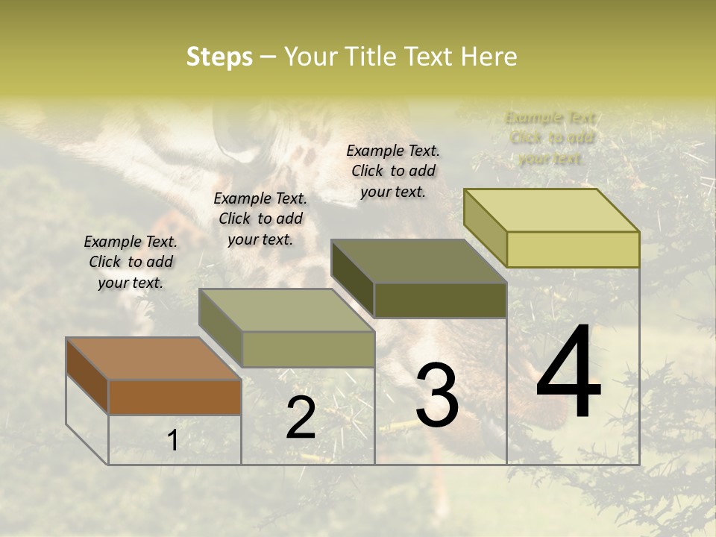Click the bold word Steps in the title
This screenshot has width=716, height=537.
point(219,57)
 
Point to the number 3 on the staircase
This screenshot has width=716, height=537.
point(437,395)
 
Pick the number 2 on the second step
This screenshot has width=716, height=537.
point(301,418)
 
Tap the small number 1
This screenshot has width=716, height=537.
point(172,440)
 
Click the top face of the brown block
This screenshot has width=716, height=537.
point(153,359)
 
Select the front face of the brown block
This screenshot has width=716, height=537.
point(175,397)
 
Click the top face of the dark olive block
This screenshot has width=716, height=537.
point(418,261)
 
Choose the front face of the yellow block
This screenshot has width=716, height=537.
point(573,249)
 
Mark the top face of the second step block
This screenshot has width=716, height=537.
point(286,310)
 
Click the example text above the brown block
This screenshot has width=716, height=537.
point(131,262)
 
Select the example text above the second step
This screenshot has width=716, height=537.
point(260,219)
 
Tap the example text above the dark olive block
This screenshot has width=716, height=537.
point(393,171)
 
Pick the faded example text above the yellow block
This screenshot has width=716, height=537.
point(550,138)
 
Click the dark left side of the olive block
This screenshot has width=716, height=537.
point(352,278)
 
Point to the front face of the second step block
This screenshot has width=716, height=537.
point(308,349)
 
